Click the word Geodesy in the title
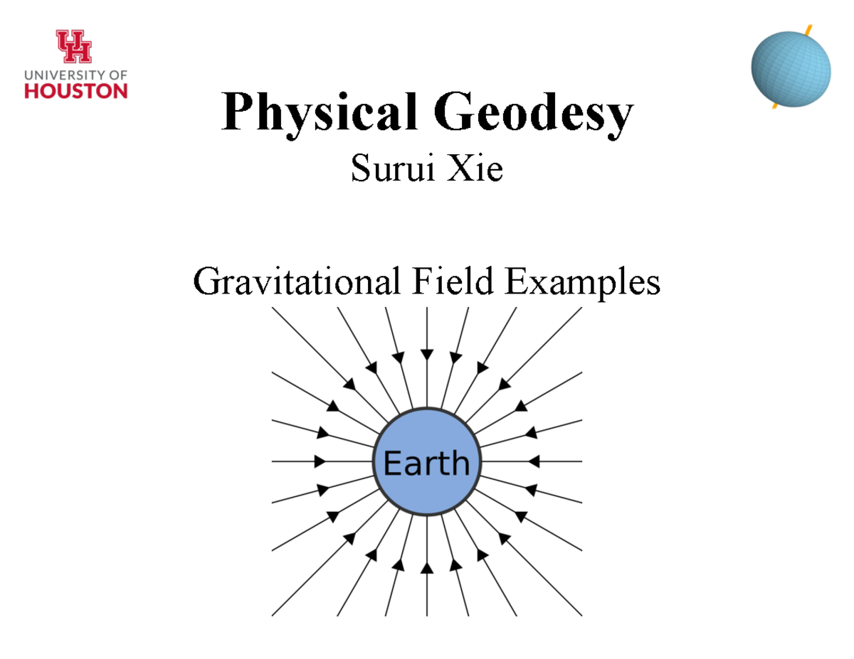point(534,113)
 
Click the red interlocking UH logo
point(74,47)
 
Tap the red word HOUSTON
point(76,90)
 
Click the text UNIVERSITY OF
point(76,74)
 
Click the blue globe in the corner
point(791,68)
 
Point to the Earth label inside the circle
point(426,463)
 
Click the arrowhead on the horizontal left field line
point(320,461)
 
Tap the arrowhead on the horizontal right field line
point(534,461)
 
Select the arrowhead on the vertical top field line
point(426,353)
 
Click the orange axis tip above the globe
point(808,30)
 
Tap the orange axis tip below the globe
point(774,107)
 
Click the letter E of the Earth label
point(391,463)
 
